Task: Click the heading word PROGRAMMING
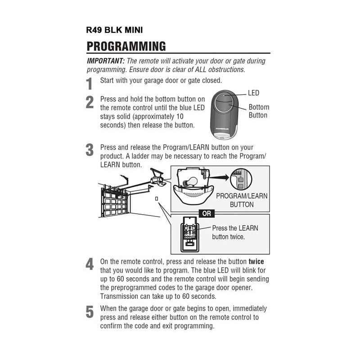(x=126, y=46)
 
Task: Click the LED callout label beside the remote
(x=254, y=93)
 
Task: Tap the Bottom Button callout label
(x=259, y=111)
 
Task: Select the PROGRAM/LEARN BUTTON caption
(x=242, y=201)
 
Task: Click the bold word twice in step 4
(x=256, y=261)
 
